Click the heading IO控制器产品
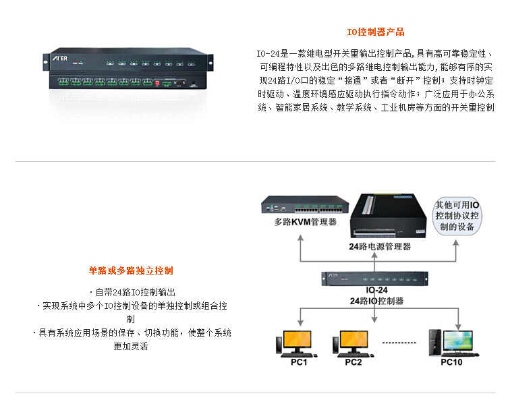click(x=376, y=32)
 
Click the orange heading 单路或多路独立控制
click(x=131, y=270)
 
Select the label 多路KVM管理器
click(x=305, y=222)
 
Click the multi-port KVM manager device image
click(x=306, y=205)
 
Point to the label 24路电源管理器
click(x=380, y=246)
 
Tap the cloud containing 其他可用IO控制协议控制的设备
click(x=457, y=216)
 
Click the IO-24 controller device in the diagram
click(x=375, y=277)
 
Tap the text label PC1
click(x=298, y=362)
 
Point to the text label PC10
click(x=451, y=362)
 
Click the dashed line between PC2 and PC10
click(x=399, y=343)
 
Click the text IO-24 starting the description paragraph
click(x=267, y=53)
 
